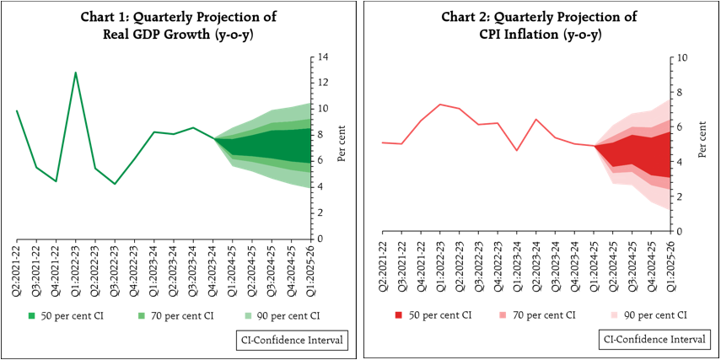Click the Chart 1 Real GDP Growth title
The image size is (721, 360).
pos(178,25)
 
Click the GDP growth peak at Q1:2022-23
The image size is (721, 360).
pos(76,73)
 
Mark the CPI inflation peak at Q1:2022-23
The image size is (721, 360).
pos(440,105)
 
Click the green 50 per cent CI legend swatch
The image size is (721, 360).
pos(32,315)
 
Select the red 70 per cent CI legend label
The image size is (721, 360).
pos(544,314)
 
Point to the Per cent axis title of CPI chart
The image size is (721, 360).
pos(702,142)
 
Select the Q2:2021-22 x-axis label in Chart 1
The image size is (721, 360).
pos(17,260)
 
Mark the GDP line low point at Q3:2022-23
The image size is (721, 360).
pos(115,184)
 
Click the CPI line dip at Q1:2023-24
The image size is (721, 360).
pos(517,150)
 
